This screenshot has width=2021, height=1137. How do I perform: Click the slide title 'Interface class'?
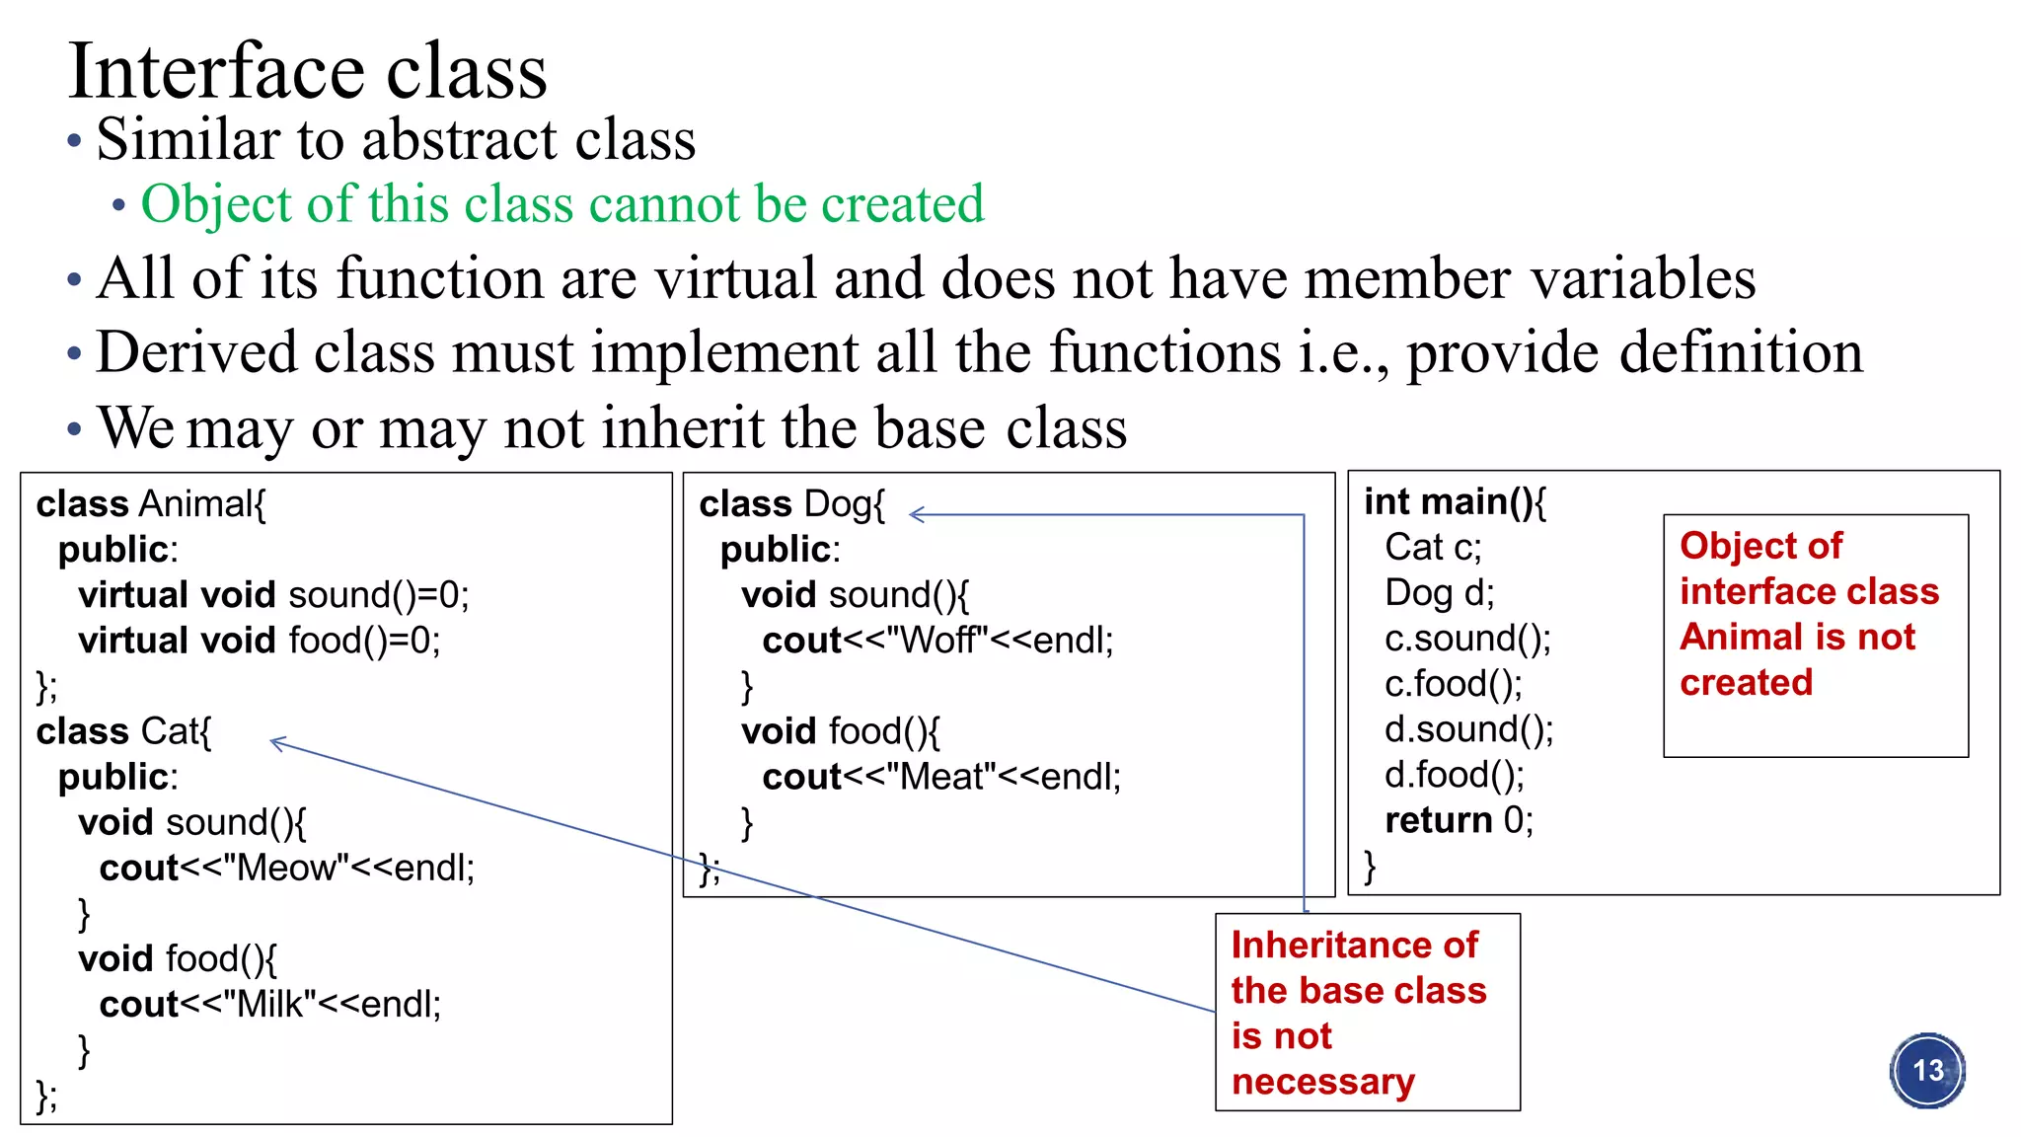pos(307,71)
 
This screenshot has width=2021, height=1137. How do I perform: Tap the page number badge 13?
pos(1927,1071)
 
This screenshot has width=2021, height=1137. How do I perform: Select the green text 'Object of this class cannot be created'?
pos(562,204)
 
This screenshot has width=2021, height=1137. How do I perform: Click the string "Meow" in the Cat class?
pos(286,868)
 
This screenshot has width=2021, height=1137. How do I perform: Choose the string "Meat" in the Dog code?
pos(942,777)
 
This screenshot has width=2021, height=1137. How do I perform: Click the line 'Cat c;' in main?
pos(1433,547)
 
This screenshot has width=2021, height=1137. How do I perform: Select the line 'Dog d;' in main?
pos(1439,592)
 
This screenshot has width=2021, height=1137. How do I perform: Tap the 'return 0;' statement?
pos(1459,820)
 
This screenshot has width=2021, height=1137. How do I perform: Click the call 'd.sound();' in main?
pos(1468,729)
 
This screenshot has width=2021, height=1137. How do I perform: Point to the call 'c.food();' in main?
pos(1453,684)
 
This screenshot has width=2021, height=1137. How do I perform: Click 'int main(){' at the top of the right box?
pos(1455,502)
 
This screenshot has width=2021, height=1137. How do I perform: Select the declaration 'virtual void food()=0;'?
pos(260,641)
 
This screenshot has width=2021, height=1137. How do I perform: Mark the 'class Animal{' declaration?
pos(151,504)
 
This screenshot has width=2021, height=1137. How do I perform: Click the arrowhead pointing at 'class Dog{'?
pos(915,514)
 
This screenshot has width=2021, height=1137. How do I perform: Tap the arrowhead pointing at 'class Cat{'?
pos(277,742)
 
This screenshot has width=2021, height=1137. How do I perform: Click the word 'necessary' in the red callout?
pos(1322,1082)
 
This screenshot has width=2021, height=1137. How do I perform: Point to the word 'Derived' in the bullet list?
pos(196,352)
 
